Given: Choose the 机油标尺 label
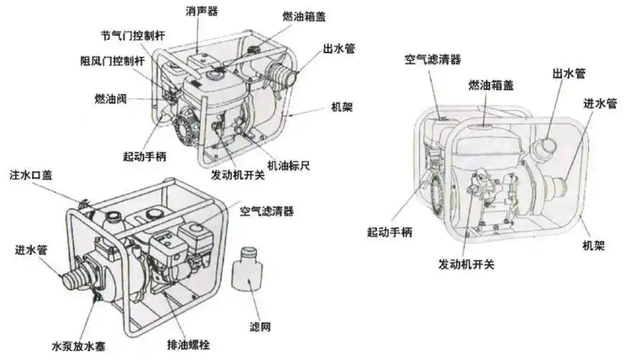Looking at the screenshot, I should [x=288, y=166].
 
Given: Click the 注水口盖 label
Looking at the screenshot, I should [x=31, y=175].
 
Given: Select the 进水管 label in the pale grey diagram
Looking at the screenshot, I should [x=600, y=104].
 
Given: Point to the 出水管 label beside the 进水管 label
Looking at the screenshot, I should [x=568, y=73].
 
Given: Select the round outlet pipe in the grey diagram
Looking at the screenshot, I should [x=541, y=150].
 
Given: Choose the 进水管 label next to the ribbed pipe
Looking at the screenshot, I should [x=31, y=251].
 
